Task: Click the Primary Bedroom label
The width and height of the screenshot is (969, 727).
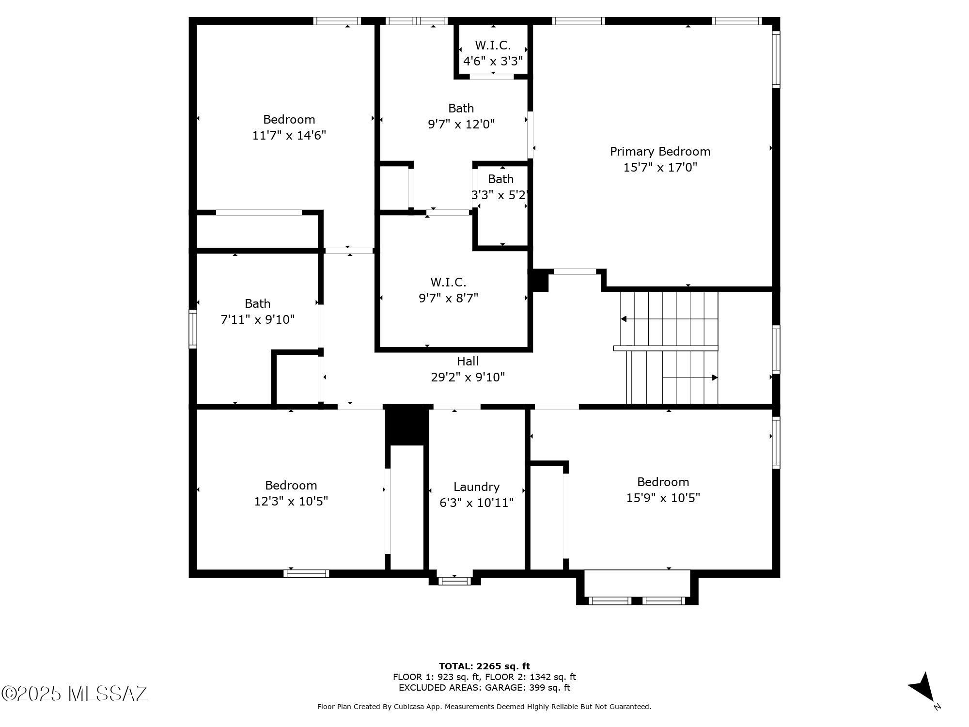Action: click(x=660, y=152)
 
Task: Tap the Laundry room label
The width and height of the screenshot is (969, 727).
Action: click(x=476, y=487)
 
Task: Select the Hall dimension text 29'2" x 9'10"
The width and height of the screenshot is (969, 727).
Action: click(x=468, y=377)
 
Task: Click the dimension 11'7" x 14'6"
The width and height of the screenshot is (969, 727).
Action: click(x=289, y=135)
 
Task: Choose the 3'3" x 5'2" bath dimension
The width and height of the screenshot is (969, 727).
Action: click(x=500, y=195)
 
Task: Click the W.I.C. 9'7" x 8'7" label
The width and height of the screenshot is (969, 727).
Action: click(x=448, y=290)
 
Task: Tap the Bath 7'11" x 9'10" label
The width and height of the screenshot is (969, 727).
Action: click(x=258, y=312)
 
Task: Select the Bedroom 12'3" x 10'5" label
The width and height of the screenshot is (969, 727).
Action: click(x=291, y=493)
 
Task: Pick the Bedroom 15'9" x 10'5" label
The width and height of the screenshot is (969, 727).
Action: click(x=663, y=490)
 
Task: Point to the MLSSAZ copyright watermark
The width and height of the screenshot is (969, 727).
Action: click(x=74, y=694)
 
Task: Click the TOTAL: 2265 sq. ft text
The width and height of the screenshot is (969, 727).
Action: click(x=484, y=666)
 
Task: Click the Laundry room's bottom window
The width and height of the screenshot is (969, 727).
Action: click(x=454, y=581)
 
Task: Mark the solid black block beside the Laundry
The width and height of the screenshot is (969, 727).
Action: click(x=407, y=425)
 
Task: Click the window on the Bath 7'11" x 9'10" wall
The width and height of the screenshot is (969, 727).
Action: click(x=193, y=329)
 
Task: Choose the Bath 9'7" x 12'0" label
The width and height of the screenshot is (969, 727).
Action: click(x=461, y=116)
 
